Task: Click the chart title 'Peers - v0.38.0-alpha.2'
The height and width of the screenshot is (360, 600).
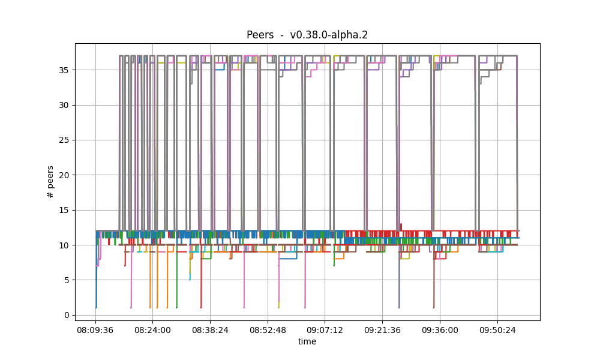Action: (307, 35)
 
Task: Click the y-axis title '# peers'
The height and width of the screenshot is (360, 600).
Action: (50, 181)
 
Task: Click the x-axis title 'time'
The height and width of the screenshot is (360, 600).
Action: (307, 341)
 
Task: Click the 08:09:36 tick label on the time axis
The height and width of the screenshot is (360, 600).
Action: (95, 330)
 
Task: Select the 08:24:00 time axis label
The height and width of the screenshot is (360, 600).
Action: (152, 330)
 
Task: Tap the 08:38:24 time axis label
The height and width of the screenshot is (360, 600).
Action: (210, 330)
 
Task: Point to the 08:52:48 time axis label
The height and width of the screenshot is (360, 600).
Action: (268, 330)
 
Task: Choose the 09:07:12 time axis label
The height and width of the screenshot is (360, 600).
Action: (325, 330)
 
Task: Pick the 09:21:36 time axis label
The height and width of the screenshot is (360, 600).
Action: (382, 330)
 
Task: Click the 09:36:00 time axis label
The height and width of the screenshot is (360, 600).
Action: (440, 330)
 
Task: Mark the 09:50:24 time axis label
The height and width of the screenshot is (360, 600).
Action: (497, 330)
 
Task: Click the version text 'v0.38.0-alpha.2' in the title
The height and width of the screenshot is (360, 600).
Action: (329, 35)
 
